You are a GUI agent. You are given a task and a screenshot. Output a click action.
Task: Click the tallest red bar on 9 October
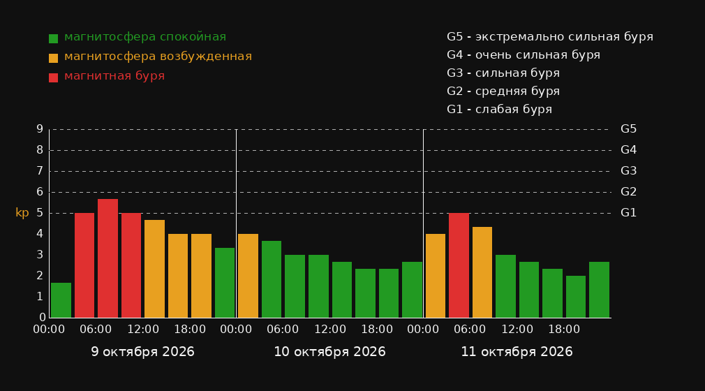[108, 258]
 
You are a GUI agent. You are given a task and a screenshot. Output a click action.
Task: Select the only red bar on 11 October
[459, 265]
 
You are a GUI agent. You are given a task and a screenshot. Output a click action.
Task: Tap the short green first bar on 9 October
[61, 300]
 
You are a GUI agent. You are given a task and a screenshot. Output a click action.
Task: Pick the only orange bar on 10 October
[248, 276]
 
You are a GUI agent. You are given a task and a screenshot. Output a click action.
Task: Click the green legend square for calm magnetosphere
[54, 38]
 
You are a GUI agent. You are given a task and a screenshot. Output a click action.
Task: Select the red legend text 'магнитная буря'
[114, 76]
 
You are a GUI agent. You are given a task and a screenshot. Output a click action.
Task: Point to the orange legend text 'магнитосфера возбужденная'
[158, 57]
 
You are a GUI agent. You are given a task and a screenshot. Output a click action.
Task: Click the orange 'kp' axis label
[22, 213]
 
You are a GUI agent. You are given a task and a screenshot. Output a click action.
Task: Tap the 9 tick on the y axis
[40, 129]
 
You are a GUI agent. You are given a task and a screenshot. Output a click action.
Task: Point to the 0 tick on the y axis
[43, 318]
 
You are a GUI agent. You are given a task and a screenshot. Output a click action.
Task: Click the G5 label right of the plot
[628, 129]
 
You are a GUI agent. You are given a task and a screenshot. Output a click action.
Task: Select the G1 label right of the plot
[628, 213]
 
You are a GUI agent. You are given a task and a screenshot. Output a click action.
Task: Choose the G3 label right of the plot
[628, 171]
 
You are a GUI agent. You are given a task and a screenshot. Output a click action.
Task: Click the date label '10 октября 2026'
[329, 352]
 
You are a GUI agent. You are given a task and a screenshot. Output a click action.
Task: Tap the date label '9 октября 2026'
[142, 352]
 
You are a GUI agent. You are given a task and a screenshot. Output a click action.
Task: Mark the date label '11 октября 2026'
[517, 352]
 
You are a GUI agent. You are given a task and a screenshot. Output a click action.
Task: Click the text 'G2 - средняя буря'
[503, 91]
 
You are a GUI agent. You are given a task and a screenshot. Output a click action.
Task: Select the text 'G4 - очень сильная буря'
[524, 55]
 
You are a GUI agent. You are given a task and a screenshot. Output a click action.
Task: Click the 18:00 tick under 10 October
[377, 330]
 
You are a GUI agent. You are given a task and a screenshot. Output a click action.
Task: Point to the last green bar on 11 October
[599, 290]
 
